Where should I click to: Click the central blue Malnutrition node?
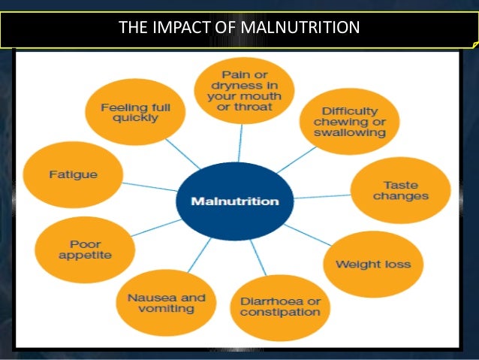[x=235, y=201]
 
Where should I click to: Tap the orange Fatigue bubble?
[x=73, y=174]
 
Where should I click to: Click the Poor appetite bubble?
[x=85, y=250]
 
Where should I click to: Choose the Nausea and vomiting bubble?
[x=161, y=303]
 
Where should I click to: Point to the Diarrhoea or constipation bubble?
[x=279, y=307]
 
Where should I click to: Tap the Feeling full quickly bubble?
[x=135, y=113]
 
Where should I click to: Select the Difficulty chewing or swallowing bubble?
[x=349, y=121]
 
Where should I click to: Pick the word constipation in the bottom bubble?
[x=279, y=313]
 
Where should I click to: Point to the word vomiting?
[x=161, y=309]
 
